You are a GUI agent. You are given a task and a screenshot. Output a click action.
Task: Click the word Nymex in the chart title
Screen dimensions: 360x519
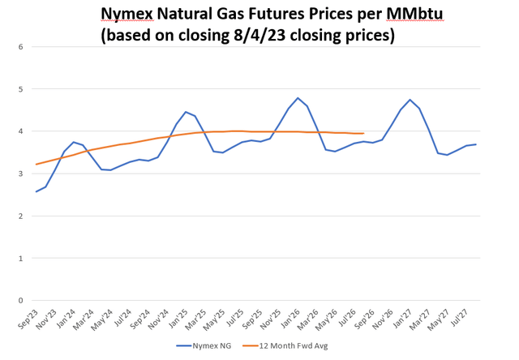click(x=127, y=14)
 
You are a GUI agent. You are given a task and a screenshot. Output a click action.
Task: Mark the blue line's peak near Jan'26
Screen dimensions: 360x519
click(x=298, y=98)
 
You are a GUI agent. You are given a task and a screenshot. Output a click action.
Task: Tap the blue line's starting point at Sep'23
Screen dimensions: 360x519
click(x=36, y=191)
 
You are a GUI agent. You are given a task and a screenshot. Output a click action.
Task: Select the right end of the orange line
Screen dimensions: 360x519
click(x=363, y=134)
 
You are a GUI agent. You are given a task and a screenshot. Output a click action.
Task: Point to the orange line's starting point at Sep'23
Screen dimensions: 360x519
click(x=36, y=165)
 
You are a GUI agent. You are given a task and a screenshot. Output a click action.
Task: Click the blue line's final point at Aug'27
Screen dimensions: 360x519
click(x=475, y=144)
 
